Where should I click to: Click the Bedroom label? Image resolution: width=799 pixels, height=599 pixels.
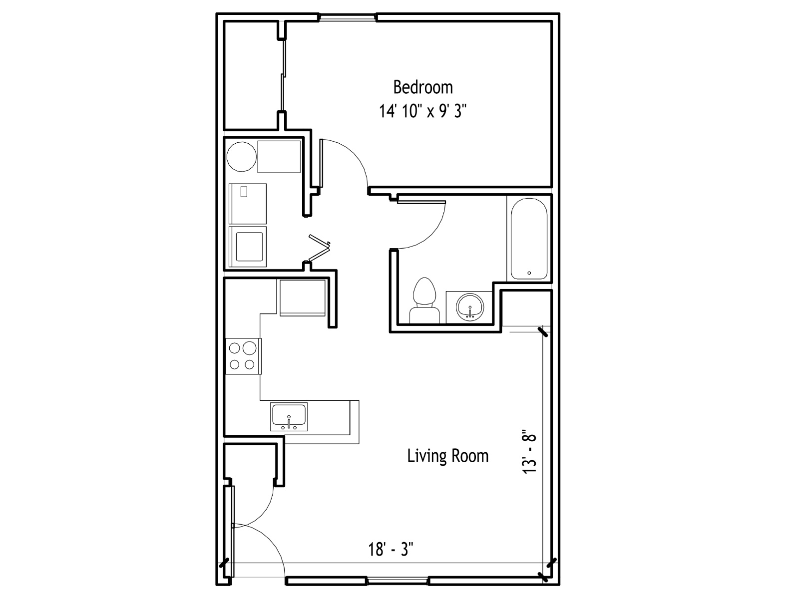tap(423, 87)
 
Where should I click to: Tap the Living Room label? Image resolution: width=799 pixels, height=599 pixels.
tap(448, 456)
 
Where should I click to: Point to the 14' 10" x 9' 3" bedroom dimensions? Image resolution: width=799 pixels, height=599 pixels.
tap(423, 110)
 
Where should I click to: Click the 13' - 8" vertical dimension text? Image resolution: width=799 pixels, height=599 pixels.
tap(530, 452)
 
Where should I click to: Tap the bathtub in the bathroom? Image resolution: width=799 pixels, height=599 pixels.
tap(529, 239)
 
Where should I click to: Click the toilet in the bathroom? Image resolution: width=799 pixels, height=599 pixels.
tap(424, 300)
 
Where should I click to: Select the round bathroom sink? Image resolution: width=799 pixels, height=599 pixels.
tap(470, 307)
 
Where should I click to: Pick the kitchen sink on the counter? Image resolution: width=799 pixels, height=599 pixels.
tap(289, 417)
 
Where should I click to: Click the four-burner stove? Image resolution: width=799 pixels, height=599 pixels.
tap(243, 356)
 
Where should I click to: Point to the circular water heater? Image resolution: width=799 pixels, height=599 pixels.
tap(241, 156)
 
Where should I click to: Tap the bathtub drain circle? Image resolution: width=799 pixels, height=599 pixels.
tap(529, 273)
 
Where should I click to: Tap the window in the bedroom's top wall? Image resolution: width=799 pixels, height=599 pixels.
tap(348, 17)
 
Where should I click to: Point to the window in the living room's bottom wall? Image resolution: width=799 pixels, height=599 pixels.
tap(398, 581)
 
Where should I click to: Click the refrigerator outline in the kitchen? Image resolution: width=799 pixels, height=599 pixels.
tap(302, 298)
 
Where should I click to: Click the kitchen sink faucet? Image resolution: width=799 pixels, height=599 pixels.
tap(289, 422)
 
